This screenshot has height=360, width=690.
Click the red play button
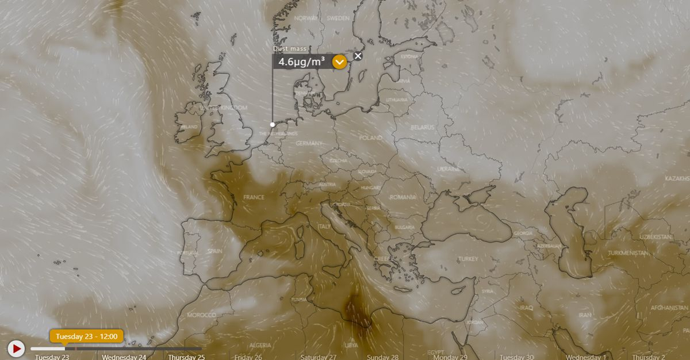[x=16, y=348]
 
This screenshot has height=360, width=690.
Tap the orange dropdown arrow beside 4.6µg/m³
[x=339, y=62]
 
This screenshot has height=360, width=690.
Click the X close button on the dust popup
[x=358, y=56]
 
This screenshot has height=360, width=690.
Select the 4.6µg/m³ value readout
[x=302, y=62]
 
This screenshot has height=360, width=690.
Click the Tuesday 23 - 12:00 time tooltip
[x=86, y=336]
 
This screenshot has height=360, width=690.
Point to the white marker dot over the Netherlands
[x=273, y=124]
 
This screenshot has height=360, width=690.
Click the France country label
[x=254, y=197]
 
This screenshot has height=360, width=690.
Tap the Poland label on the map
[x=371, y=138]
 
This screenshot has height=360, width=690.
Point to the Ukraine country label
[x=448, y=169]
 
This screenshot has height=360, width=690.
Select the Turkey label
[x=468, y=259]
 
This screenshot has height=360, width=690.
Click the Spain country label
[x=214, y=251]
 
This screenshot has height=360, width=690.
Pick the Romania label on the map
[x=402, y=197]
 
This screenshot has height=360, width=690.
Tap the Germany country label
[x=309, y=143]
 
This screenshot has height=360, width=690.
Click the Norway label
[x=306, y=18]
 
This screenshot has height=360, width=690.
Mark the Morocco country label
[x=201, y=315]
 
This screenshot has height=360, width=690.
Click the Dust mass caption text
[x=290, y=49]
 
